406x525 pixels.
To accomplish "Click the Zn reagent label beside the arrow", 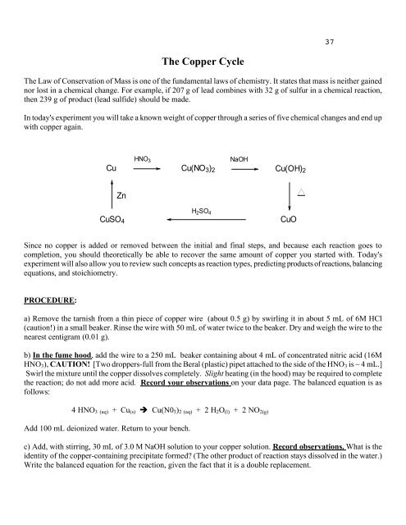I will point(121,195).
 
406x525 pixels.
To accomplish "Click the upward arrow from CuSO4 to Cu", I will point(111,195).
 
